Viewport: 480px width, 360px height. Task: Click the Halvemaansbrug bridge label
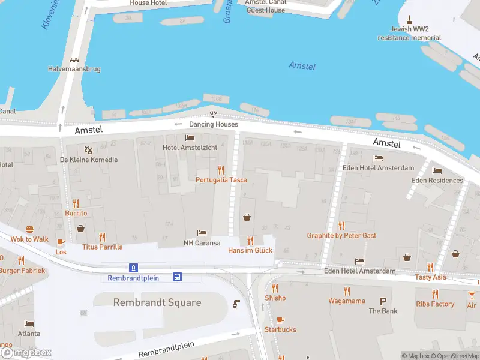(74, 69)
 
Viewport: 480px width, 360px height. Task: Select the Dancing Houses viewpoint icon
(213, 114)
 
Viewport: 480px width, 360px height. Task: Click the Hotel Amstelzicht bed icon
(190, 138)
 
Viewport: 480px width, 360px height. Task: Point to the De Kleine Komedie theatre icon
(88, 149)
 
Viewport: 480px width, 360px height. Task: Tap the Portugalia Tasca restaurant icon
(221, 170)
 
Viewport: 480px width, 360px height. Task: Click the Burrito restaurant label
(76, 213)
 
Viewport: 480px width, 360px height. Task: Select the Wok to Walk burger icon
(29, 229)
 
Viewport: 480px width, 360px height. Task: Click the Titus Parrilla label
(103, 247)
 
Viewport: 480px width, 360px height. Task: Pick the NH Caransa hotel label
(202, 243)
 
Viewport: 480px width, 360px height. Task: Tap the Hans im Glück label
(250, 250)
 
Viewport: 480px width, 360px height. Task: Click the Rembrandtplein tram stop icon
(132, 268)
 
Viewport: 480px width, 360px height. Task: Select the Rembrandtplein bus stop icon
(178, 277)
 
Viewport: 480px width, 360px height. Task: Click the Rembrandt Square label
(157, 302)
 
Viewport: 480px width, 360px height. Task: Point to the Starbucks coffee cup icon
(280, 320)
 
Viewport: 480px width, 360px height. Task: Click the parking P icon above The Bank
(383, 301)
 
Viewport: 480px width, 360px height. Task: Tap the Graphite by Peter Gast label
(341, 236)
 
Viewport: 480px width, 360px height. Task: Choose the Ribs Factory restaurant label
(435, 304)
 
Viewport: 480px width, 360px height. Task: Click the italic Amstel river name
(302, 65)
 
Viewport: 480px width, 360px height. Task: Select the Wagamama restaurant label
(346, 301)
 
